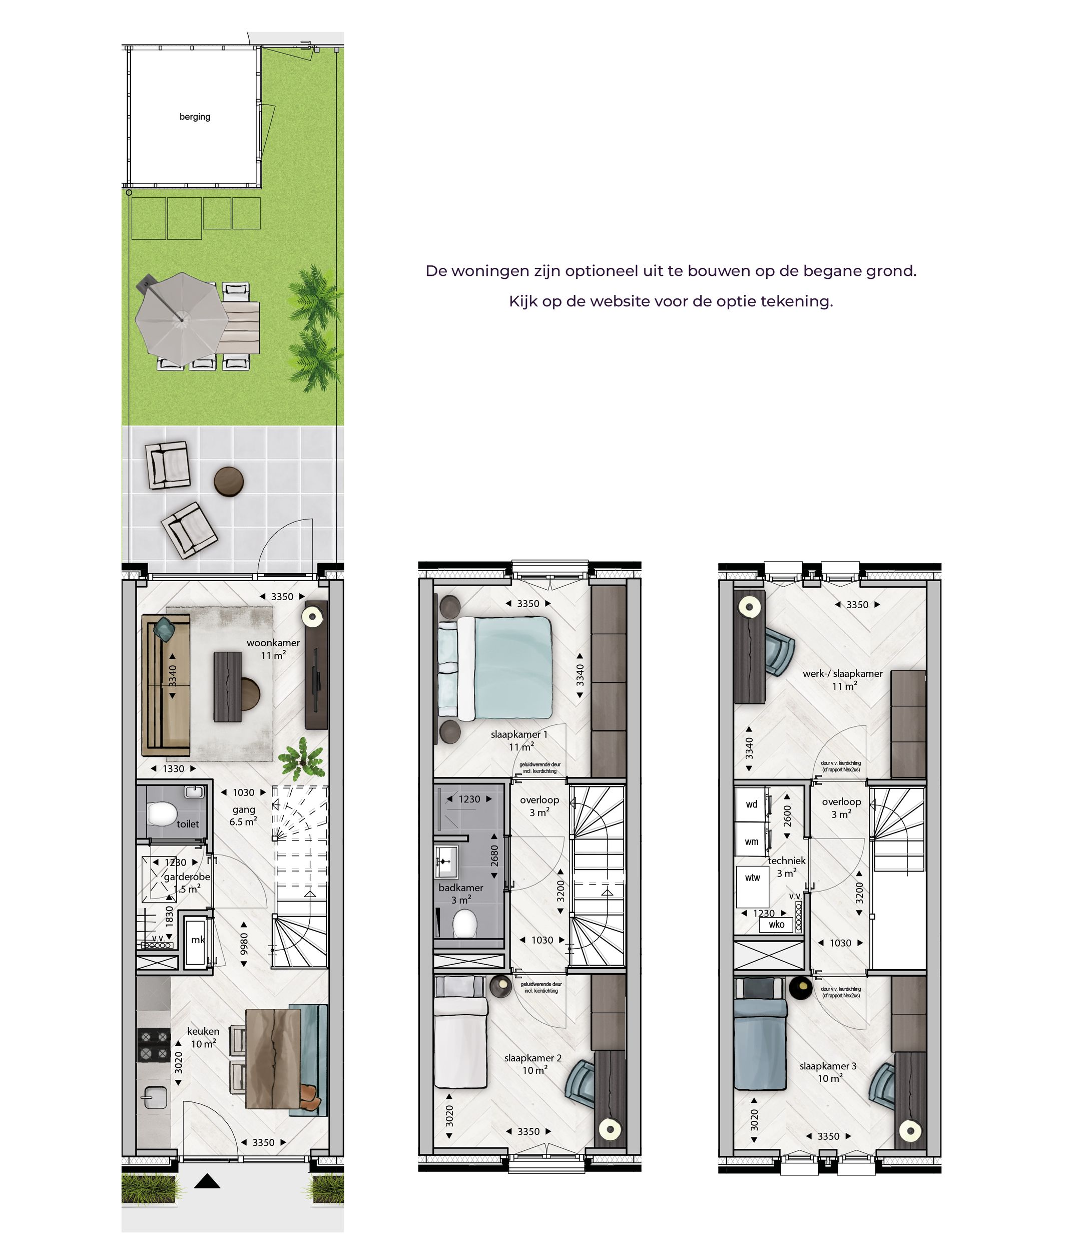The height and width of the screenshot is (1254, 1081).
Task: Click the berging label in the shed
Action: [195, 117]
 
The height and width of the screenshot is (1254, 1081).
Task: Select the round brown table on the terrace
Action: [229, 482]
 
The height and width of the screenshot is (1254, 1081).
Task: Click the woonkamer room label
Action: [273, 643]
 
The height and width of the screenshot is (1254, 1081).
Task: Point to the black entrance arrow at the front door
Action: [207, 1181]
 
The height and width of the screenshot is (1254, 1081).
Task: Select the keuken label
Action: [203, 1031]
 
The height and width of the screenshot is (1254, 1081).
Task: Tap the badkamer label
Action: [461, 887]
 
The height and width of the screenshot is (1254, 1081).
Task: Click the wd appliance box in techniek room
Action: [751, 804]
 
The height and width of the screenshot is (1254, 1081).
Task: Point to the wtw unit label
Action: [753, 878]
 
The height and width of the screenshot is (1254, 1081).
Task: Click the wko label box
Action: [776, 924]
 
